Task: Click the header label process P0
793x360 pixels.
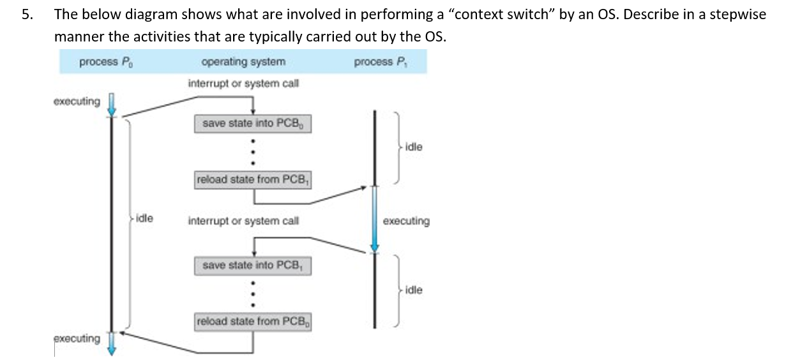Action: (107, 62)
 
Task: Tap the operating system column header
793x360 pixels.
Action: (243, 62)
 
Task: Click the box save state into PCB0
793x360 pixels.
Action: (252, 124)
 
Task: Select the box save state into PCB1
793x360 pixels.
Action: (252, 266)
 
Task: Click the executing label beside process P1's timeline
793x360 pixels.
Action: (406, 221)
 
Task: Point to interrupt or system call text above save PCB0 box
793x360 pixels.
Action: (243, 84)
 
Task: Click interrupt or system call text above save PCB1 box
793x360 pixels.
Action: (243, 221)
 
